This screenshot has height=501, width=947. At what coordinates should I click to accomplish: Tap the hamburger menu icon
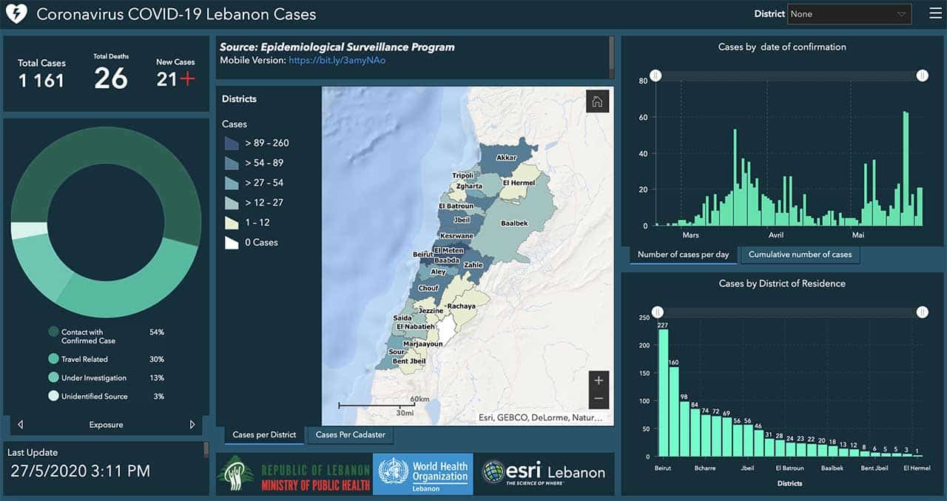click(x=935, y=14)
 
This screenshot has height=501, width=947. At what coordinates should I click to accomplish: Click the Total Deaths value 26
click(x=111, y=78)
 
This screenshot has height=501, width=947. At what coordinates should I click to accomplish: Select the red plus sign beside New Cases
click(x=187, y=79)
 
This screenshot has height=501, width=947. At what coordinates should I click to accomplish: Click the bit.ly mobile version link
click(x=337, y=61)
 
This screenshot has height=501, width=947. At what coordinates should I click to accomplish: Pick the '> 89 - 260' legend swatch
click(x=232, y=143)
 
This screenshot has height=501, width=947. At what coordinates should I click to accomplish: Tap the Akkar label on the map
click(x=506, y=158)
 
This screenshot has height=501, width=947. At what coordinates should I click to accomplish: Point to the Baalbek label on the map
click(x=514, y=223)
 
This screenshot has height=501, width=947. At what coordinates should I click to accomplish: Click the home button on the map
click(x=597, y=102)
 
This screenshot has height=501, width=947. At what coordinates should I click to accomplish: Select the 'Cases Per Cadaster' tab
click(x=350, y=435)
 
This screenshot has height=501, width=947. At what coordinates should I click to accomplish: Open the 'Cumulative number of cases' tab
click(x=800, y=255)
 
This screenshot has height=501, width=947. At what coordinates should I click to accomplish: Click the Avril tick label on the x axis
click(x=775, y=235)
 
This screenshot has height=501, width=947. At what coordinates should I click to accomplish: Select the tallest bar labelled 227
click(x=663, y=392)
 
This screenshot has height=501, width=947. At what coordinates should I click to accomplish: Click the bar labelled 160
click(x=673, y=411)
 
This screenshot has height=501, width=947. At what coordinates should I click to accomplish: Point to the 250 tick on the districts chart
click(x=644, y=318)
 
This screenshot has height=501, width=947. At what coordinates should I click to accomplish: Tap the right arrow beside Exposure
click(x=192, y=425)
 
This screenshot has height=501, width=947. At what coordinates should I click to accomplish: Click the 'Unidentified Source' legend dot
click(x=53, y=397)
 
